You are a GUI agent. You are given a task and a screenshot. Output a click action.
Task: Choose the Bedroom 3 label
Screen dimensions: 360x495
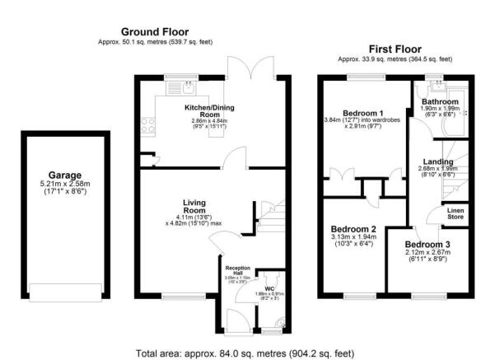pos(427,245)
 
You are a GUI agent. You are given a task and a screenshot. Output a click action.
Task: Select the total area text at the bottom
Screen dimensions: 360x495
pos(246,353)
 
